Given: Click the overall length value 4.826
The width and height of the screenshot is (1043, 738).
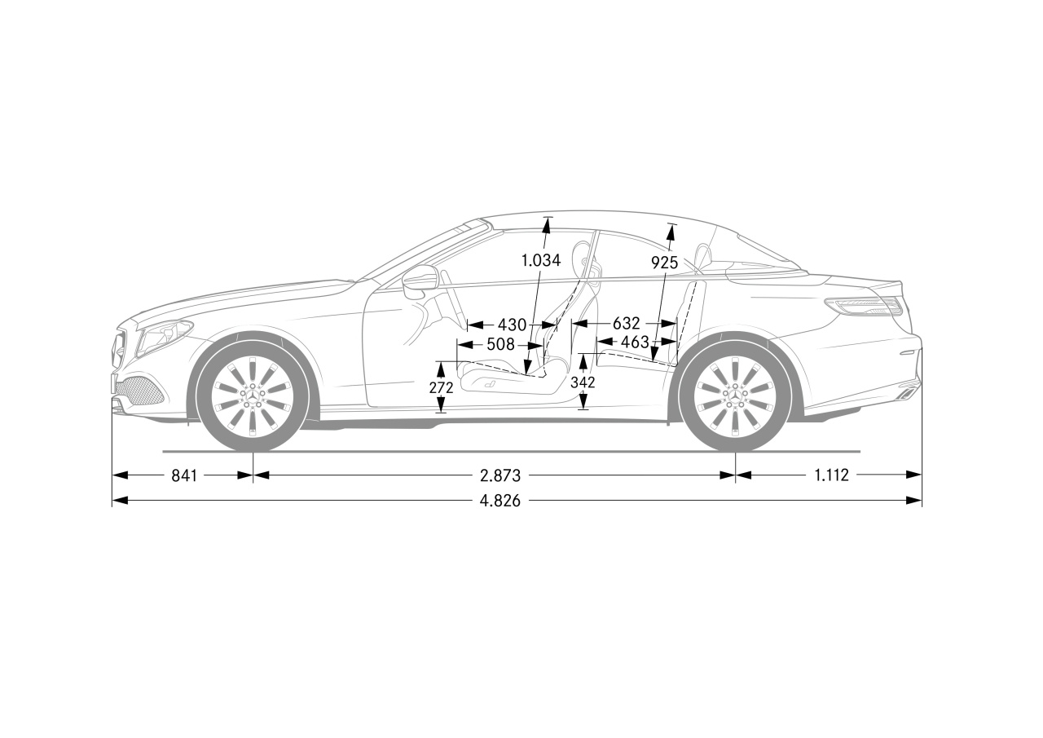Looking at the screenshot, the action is (500, 501).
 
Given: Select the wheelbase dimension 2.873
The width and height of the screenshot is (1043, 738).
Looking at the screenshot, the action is (500, 475).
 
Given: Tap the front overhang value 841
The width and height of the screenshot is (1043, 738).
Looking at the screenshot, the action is (184, 475).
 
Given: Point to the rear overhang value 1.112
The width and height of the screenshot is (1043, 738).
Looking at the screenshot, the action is (832, 475).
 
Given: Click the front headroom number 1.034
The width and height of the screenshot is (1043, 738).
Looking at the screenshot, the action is (540, 260).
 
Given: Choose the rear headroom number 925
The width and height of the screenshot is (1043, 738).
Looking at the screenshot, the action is (664, 263).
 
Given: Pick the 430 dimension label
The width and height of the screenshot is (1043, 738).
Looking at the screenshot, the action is (513, 325).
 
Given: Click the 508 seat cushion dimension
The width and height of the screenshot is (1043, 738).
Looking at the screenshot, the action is (500, 345).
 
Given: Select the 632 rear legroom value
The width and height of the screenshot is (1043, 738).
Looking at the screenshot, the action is (627, 323).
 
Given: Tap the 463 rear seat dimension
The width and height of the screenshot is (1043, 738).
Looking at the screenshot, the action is (635, 342).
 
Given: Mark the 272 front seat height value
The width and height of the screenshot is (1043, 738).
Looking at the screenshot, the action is (441, 387).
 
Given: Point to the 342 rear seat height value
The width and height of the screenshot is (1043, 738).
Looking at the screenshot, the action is (583, 382).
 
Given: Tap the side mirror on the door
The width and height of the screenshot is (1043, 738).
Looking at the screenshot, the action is (418, 282).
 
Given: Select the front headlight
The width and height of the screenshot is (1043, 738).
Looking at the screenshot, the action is (165, 337).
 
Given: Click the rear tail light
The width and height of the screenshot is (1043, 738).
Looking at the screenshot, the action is (864, 307).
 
